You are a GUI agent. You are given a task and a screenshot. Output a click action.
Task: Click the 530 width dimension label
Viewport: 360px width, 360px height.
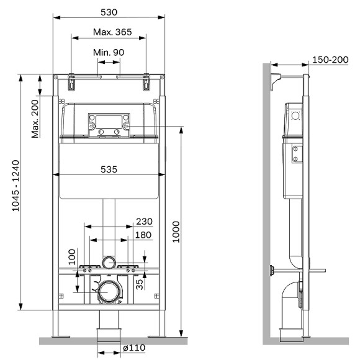(109, 12)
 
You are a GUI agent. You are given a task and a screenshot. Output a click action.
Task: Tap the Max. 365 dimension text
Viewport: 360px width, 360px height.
(112, 32)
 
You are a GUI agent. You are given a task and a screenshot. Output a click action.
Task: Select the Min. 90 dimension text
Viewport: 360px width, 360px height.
(109, 53)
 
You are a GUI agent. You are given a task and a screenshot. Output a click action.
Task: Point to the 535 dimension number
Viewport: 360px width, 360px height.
(109, 169)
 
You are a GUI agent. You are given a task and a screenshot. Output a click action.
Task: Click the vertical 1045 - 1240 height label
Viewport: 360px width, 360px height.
(16, 186)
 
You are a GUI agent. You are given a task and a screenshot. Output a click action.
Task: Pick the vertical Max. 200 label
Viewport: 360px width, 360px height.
(35, 119)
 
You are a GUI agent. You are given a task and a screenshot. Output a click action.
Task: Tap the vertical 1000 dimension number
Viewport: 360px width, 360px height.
(176, 232)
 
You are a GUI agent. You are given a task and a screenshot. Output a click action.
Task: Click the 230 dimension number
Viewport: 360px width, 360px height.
(144, 222)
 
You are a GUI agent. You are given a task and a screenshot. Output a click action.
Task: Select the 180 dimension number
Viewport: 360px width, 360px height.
(143, 235)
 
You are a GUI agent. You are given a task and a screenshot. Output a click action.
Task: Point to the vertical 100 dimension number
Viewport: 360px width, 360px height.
(72, 257)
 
